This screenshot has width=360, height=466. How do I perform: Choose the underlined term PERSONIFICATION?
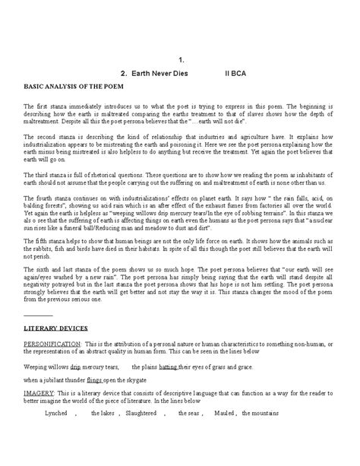coord(54,344)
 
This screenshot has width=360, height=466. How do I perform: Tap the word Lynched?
coord(57,413)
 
